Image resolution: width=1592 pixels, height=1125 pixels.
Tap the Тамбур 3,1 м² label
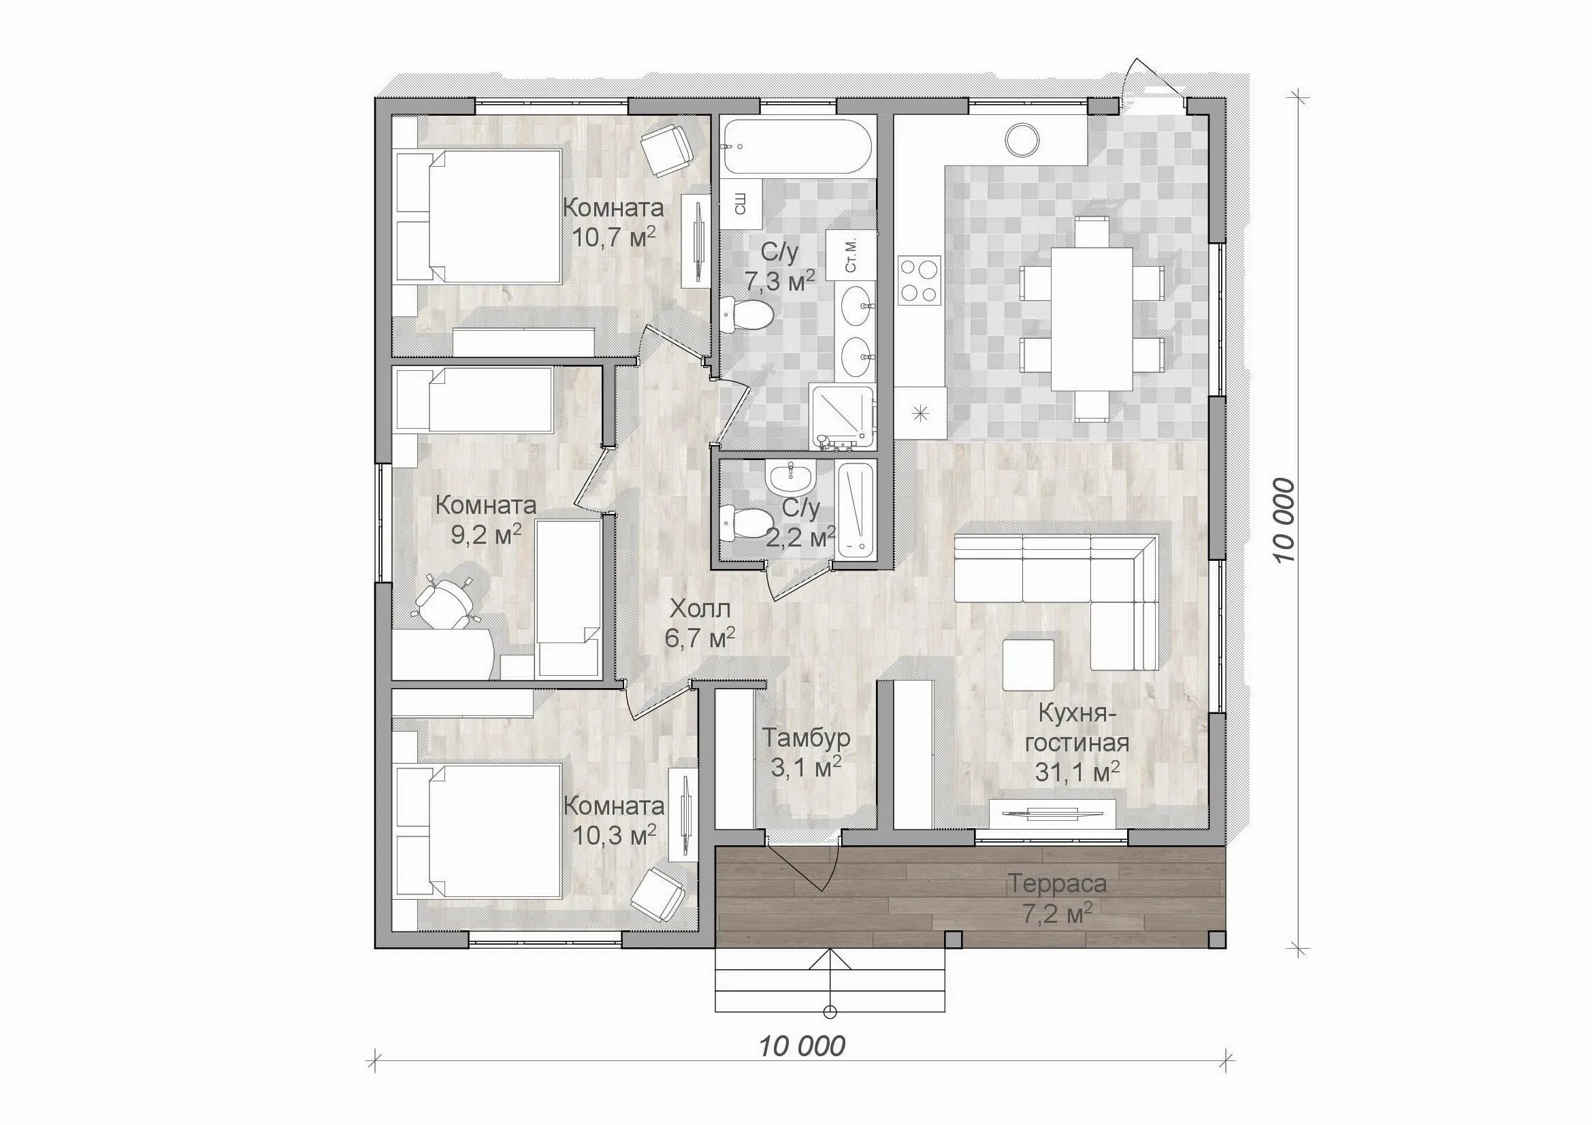807,752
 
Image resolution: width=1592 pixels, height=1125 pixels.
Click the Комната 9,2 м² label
486,520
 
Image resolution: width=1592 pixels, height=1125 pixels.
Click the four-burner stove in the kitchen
920,280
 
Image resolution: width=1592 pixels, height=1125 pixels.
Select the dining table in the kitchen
1092,320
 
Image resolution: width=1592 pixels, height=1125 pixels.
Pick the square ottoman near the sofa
1028,664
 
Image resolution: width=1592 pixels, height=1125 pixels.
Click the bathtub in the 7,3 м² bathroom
795,147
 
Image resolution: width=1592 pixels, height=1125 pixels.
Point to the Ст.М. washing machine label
851,255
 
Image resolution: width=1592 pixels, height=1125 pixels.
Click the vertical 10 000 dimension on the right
1284,521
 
